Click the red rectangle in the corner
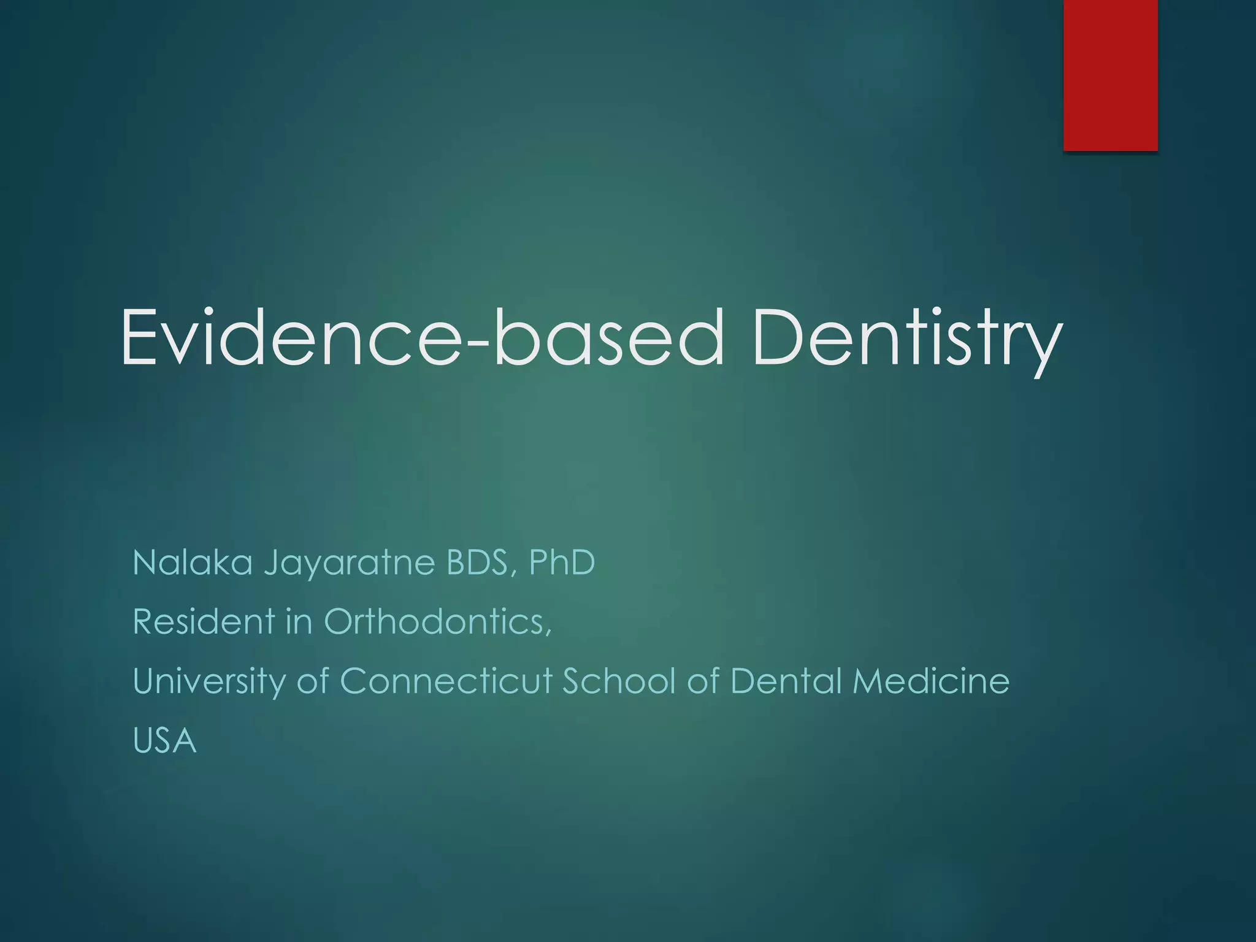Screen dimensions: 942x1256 coord(1110,75)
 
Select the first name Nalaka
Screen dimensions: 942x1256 coord(192,562)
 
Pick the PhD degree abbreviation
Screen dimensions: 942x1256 coord(562,562)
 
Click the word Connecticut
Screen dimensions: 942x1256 coord(446,681)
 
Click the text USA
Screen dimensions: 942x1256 coord(164,741)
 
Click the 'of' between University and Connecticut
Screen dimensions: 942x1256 coord(313,681)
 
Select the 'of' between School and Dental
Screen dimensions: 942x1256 coord(703,681)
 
